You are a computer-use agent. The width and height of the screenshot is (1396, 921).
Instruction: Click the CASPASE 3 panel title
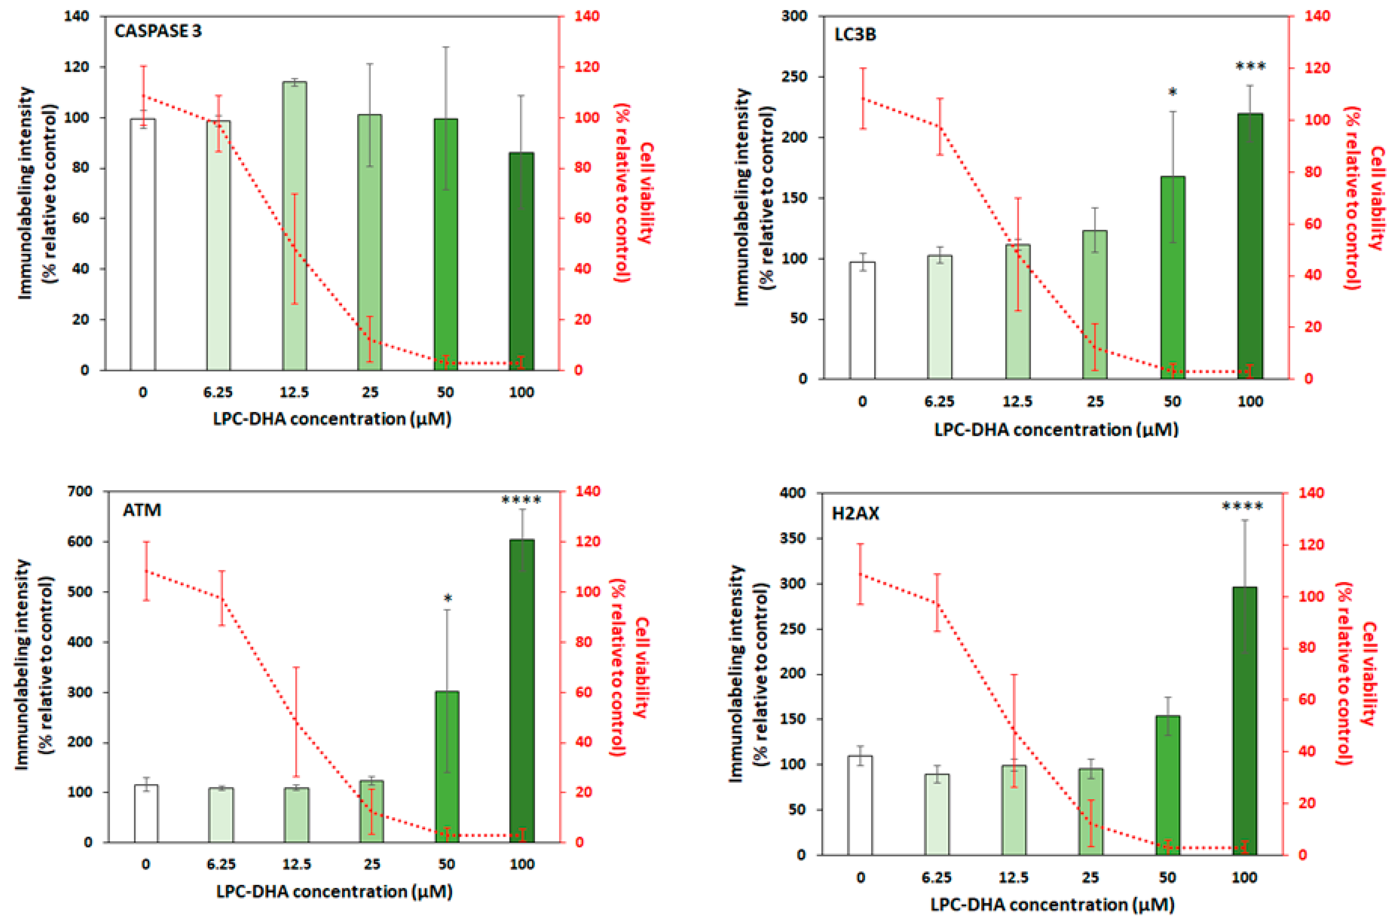coord(157,31)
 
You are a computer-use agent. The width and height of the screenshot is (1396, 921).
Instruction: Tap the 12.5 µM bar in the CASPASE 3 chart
coord(294,226)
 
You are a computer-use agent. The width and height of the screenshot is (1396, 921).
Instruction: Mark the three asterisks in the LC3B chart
coord(1250,66)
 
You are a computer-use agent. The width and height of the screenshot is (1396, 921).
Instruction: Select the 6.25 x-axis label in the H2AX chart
coord(937,878)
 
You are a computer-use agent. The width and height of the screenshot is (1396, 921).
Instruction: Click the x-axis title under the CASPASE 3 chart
coord(332,419)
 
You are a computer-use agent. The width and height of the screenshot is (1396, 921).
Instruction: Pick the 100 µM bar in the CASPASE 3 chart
coord(522,261)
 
